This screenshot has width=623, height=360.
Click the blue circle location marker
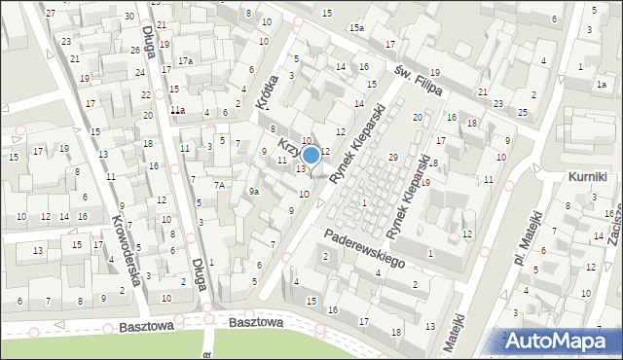tap(311, 154)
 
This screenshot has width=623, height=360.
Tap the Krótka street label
tap(260, 94)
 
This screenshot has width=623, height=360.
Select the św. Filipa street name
tap(420, 80)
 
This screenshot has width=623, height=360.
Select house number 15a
tap(357, 28)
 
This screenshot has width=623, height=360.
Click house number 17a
tap(185, 61)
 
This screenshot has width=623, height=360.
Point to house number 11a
tap(177, 111)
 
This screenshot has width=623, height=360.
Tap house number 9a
tap(253, 192)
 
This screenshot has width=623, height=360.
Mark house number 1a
tap(602, 85)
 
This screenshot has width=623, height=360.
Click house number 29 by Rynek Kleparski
tap(393, 157)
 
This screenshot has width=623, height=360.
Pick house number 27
tap(51, 13)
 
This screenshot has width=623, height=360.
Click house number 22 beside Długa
tap(145, 94)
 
